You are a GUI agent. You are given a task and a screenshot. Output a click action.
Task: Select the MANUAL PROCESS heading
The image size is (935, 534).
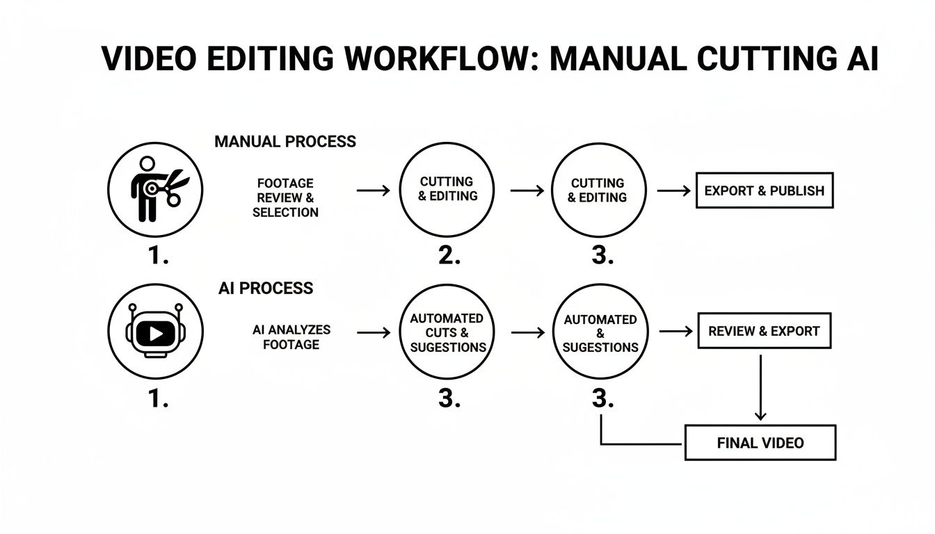[285, 142]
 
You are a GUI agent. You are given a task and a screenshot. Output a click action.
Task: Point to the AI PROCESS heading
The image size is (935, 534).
[265, 288]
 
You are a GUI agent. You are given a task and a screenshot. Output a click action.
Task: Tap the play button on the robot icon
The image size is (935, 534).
[156, 334]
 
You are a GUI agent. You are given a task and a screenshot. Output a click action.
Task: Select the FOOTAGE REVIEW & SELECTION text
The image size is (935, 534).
[285, 197]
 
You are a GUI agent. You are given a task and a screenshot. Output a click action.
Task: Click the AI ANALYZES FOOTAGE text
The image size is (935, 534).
[291, 337]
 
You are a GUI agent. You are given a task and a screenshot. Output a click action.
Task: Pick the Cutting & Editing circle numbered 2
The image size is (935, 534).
[447, 190]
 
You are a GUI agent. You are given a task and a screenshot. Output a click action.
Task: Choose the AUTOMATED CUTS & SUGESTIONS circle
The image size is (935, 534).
[447, 332]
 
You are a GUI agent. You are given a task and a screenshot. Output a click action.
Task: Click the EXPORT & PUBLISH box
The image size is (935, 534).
[764, 191]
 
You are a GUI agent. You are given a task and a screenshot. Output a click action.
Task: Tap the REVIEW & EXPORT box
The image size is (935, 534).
[764, 331]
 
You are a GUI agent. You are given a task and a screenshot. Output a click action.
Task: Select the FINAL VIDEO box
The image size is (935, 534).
[760, 443]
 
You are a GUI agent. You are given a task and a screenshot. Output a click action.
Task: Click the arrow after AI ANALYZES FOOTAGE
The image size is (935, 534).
[374, 333]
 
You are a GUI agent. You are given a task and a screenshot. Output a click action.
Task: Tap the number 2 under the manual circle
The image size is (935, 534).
[449, 256]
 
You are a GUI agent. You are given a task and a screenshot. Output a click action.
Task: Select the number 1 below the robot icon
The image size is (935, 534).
[159, 399]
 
